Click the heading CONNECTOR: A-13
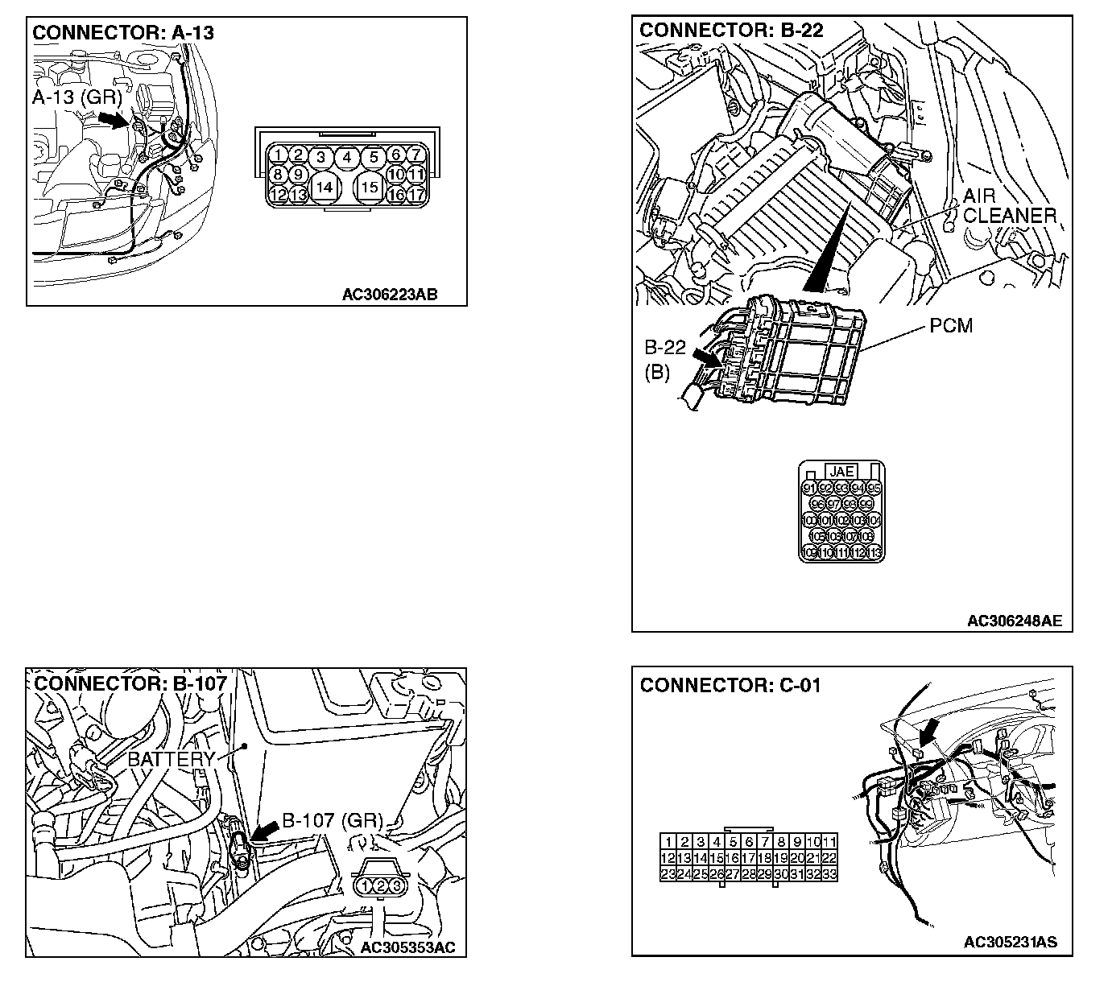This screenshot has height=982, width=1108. (122, 33)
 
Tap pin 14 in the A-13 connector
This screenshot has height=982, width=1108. (324, 187)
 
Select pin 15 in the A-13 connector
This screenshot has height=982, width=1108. (370, 187)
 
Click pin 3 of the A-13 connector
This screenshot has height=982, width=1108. (321, 157)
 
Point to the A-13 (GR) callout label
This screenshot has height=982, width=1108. (76, 98)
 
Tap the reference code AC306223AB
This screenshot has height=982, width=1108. (390, 294)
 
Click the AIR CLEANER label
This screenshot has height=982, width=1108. (1009, 206)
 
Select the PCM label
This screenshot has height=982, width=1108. (950, 326)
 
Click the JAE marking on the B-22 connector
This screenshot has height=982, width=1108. (841, 472)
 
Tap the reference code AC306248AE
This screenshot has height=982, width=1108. (1014, 621)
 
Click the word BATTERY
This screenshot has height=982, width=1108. (172, 759)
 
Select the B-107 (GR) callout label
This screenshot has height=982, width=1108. (332, 822)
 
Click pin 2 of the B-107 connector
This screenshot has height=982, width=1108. (381, 886)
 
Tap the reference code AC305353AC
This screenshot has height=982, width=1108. (407, 947)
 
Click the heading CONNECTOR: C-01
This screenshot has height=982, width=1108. (730, 685)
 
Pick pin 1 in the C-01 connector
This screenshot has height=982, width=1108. (668, 842)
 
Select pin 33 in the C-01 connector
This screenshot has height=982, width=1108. (829, 874)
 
